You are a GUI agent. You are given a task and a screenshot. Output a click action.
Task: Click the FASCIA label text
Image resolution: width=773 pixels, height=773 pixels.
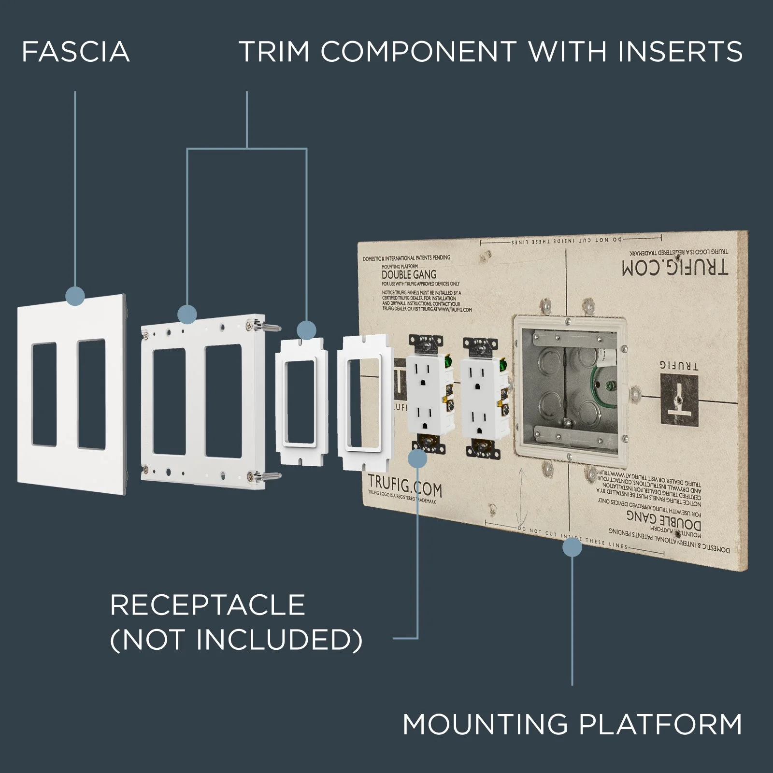click(76, 52)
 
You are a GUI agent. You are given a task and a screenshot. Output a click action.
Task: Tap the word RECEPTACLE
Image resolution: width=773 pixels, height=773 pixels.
click(208, 604)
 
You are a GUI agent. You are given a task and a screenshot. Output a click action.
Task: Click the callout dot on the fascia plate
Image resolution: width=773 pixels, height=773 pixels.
click(75, 296)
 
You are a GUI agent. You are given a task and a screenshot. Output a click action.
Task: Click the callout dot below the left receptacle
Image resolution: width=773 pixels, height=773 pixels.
click(417, 458)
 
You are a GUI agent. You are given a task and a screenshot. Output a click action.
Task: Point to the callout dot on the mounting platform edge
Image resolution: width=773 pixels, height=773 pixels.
click(573, 547)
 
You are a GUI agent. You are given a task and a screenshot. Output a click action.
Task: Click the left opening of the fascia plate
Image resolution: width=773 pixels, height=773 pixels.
click(44, 394)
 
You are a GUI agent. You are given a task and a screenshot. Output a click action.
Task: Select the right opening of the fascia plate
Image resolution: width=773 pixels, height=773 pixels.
click(91, 394)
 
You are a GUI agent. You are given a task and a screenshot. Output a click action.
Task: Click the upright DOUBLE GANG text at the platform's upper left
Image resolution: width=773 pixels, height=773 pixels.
click(409, 274)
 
